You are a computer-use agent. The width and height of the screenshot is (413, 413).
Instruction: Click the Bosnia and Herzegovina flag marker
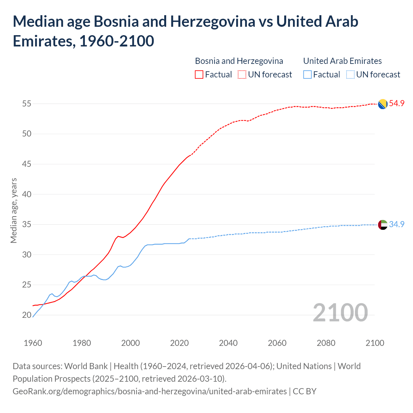point(383,104)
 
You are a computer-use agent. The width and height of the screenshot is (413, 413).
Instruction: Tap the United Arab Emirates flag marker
point(383,225)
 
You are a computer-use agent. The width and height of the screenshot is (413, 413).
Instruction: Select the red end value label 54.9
point(397,104)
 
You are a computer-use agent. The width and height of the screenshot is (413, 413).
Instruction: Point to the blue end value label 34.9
point(397,224)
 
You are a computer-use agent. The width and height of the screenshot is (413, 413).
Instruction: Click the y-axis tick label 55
point(26,104)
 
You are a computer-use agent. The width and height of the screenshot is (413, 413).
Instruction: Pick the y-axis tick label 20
point(26,315)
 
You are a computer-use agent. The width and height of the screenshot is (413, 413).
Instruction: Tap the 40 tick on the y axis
point(26,194)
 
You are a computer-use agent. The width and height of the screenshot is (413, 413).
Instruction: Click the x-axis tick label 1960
point(33,343)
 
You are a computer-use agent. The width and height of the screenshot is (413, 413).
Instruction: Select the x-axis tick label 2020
point(179,343)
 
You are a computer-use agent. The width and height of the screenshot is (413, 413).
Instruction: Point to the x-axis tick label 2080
point(326,343)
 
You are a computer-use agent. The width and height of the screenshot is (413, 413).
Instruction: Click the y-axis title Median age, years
point(14,210)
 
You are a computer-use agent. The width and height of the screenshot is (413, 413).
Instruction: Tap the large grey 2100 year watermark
point(340,313)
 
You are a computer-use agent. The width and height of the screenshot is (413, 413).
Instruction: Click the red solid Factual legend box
point(199,75)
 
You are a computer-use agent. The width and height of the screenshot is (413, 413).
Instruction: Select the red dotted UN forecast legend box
point(242,75)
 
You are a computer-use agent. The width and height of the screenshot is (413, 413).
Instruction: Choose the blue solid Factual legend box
point(307,75)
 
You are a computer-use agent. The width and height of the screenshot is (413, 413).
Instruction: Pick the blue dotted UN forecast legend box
point(350,75)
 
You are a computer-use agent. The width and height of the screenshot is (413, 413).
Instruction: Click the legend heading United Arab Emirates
point(342,61)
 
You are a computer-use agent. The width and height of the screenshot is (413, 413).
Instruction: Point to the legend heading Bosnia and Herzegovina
point(239,61)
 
